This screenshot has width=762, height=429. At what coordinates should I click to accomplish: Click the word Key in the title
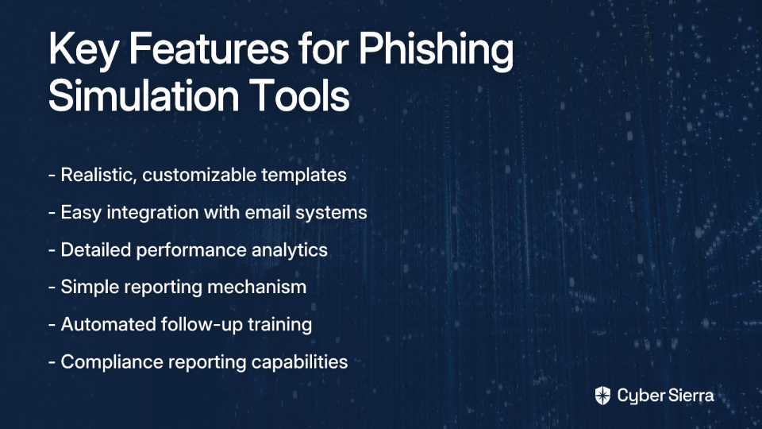pyautogui.click(x=83, y=49)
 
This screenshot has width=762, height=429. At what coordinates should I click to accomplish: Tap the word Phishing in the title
pyautogui.click(x=436, y=50)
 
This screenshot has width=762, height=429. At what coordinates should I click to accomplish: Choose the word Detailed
pyautogui.click(x=95, y=249)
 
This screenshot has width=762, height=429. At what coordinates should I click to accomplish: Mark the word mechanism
pyautogui.click(x=256, y=287)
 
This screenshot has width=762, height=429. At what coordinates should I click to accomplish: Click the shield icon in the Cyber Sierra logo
pyautogui.click(x=602, y=396)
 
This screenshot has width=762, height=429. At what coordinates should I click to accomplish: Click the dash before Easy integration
pyautogui.click(x=52, y=213)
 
